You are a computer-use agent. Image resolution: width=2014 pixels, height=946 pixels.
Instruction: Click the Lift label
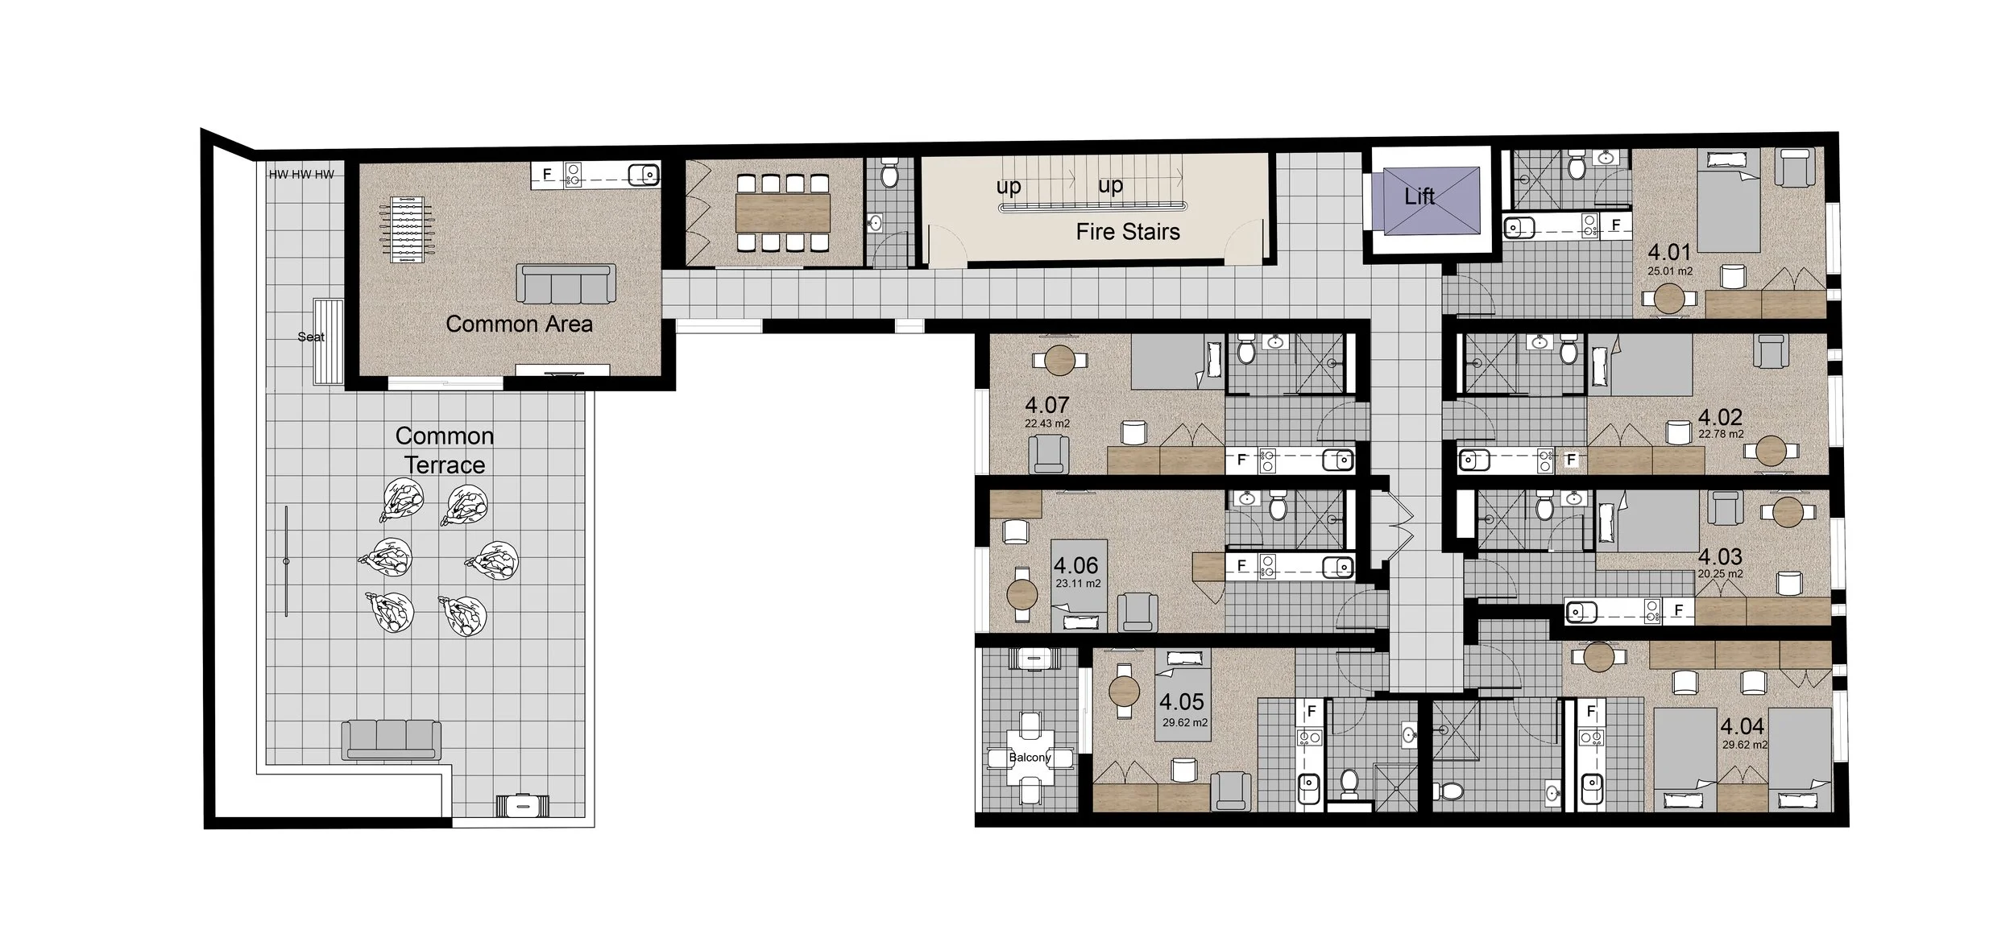1419,196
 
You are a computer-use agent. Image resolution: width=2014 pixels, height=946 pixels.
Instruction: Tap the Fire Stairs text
1127,232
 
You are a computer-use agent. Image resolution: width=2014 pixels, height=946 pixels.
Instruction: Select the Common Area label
519,324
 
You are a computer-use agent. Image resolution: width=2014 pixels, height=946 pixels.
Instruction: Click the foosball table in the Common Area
406,230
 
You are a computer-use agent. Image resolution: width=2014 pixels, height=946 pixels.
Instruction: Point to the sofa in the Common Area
566,284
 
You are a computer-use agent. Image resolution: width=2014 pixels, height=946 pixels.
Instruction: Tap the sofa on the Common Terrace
392,739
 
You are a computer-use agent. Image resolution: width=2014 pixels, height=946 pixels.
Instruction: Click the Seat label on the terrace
311,337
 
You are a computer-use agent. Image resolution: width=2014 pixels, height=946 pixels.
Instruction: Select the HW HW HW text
301,174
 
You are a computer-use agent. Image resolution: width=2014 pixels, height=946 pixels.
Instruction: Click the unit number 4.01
1669,252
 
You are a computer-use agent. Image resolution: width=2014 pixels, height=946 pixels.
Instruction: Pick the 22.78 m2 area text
1721,434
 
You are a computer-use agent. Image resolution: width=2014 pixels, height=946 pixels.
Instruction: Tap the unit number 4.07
1046,405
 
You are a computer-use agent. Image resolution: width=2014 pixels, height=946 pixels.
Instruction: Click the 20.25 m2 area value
1720,574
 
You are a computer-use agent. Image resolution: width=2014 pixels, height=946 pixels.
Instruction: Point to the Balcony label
1030,758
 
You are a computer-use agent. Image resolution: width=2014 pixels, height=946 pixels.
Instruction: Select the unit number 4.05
1182,702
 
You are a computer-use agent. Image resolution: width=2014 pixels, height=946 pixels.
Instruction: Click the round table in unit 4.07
1060,360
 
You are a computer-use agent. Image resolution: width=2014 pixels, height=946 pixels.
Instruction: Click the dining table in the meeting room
782,213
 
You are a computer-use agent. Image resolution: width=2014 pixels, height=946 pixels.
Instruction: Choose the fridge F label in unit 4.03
1678,610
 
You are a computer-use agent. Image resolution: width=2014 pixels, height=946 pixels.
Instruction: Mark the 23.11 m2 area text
1078,584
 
